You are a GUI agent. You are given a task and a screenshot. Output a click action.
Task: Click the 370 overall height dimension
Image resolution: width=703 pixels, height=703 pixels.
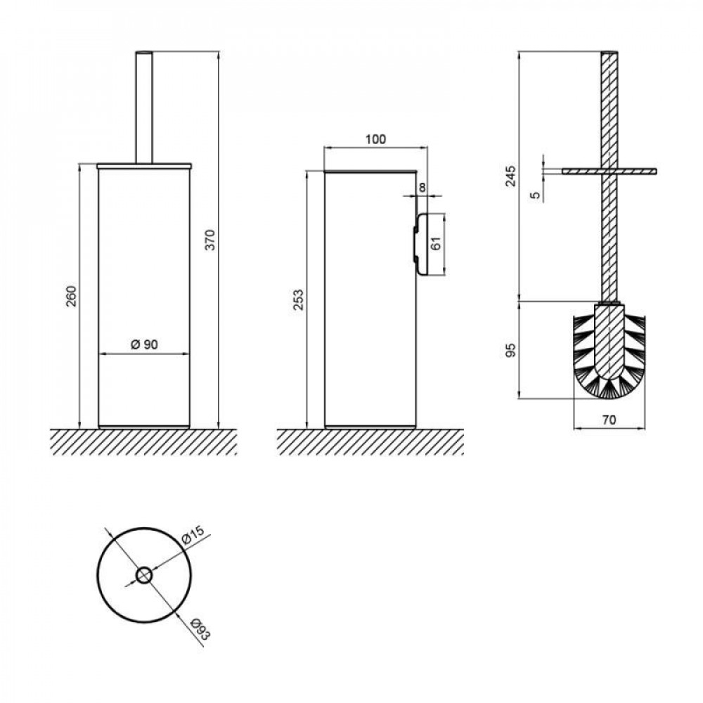(x=210, y=240)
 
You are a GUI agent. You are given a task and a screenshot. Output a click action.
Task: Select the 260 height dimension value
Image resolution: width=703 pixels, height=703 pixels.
(x=71, y=296)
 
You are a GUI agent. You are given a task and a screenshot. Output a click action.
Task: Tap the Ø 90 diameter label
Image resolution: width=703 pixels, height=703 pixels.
(x=144, y=344)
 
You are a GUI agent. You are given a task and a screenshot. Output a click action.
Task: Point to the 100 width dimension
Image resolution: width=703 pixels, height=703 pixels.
(x=375, y=139)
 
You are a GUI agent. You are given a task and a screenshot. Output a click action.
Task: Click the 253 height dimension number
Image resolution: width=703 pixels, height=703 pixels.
(x=298, y=300)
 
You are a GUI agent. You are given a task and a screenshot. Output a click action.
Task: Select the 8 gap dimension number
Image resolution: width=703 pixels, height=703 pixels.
(x=423, y=188)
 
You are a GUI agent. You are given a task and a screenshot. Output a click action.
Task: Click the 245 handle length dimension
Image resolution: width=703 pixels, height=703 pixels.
(x=510, y=176)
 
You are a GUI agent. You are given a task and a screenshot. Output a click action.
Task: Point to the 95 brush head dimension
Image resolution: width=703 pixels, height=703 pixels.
(x=510, y=350)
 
